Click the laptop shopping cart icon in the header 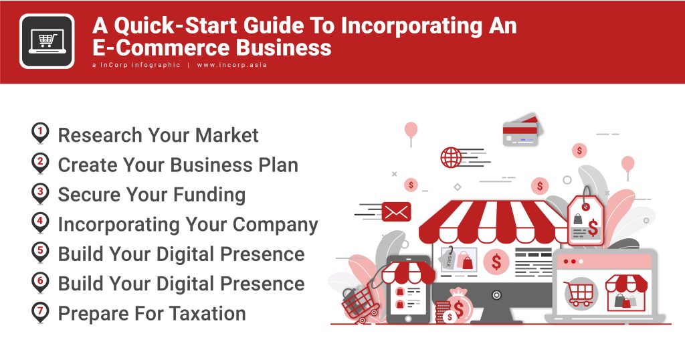click(x=47, y=41)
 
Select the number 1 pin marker click(x=41, y=134)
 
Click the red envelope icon click(x=395, y=212)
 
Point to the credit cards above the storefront click(x=521, y=130)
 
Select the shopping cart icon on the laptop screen click(x=579, y=292)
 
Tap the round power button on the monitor click(x=496, y=294)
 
